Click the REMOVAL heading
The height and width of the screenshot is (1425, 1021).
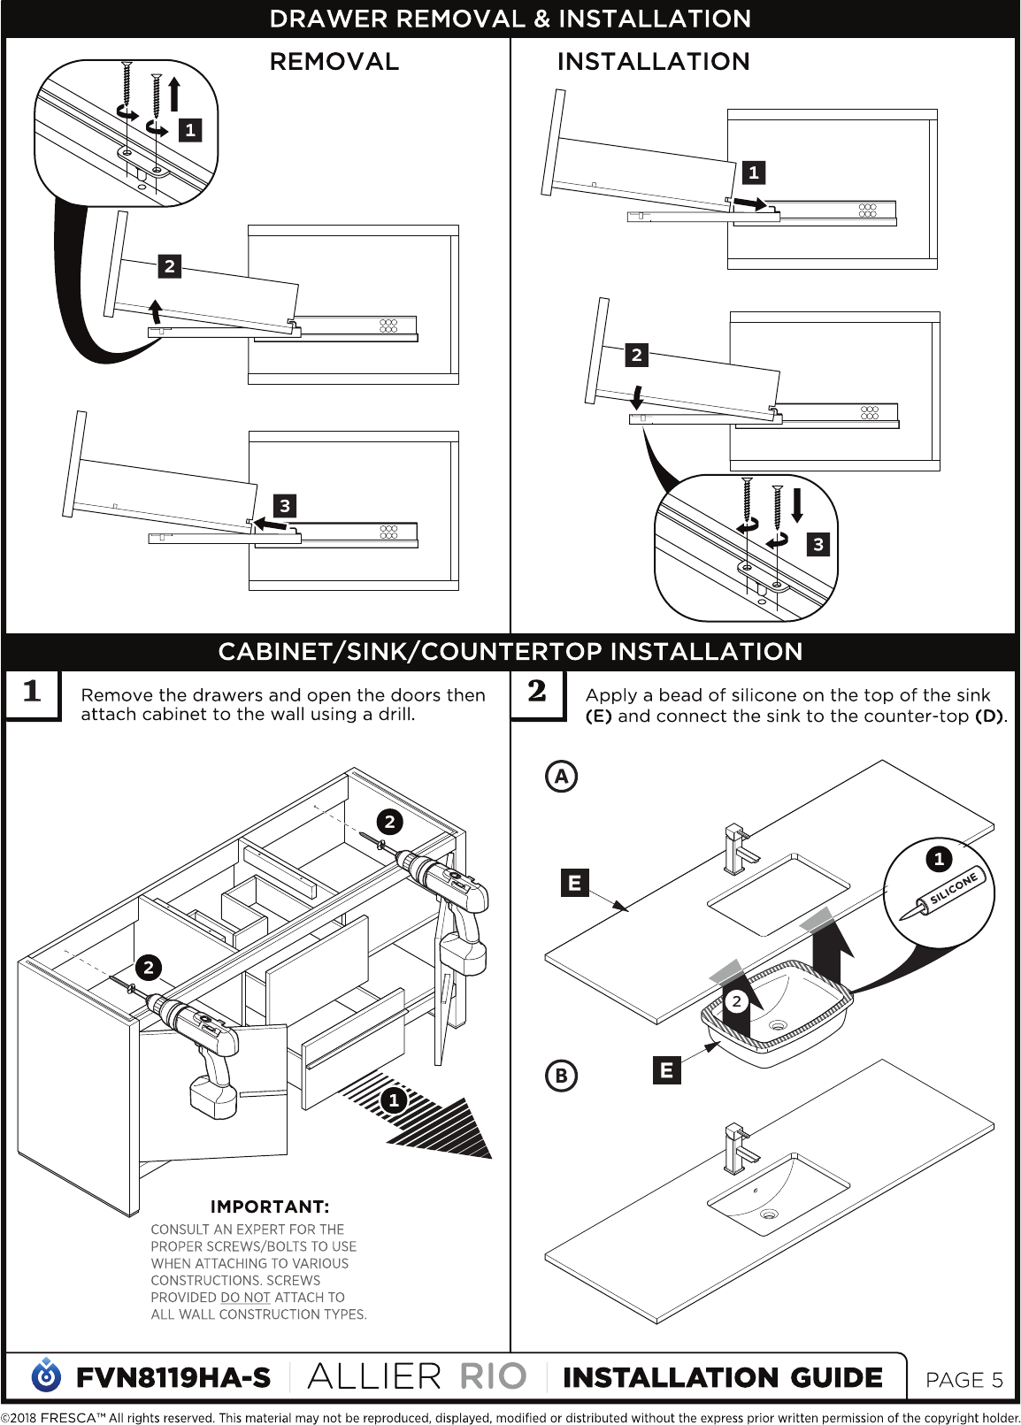coord(334,62)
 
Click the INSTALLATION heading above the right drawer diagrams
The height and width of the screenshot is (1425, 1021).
coord(653,62)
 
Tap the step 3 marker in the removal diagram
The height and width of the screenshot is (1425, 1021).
coord(284,506)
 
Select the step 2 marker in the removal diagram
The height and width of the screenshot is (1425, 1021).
coord(169,266)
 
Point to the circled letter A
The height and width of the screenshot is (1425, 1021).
coord(562,776)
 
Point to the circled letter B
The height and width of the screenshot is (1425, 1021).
coord(562,1075)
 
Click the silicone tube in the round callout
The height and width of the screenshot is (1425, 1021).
coord(943,896)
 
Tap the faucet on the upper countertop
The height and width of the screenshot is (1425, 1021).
coord(739,851)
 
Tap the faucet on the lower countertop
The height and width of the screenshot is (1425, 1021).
coord(739,1150)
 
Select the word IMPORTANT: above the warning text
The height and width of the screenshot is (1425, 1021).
coord(270,1207)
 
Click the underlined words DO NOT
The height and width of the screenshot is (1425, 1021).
coord(245,1297)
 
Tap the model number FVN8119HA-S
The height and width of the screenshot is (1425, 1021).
coord(173,1377)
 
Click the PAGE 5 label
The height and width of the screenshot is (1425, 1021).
coord(963,1380)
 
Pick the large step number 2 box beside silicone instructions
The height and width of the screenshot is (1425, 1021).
coord(538,693)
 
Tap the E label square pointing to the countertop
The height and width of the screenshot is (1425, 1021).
coord(574,883)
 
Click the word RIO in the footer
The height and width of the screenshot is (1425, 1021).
coord(493,1377)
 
